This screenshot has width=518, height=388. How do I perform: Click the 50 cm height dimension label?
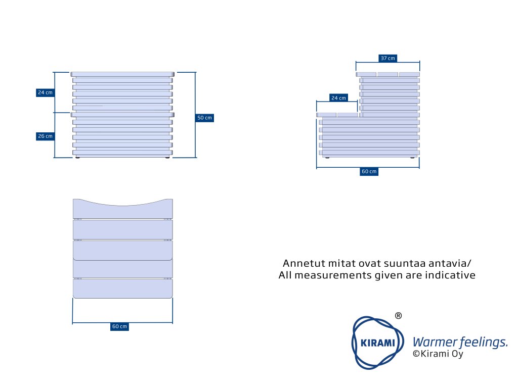(204, 118)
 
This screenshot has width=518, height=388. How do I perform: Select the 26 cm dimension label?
(45, 136)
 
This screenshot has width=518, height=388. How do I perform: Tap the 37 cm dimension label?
(387, 58)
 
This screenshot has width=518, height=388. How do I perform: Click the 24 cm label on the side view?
(338, 98)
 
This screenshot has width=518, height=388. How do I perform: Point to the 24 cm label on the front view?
(45, 92)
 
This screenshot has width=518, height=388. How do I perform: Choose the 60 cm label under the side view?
(369, 171)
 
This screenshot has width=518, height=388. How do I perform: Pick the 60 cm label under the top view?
(119, 326)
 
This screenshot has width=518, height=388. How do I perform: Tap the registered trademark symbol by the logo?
(398, 316)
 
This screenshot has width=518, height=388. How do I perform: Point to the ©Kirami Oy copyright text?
(438, 354)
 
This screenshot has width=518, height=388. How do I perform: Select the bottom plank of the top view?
(123, 288)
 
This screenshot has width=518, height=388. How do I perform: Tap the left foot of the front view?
(77, 158)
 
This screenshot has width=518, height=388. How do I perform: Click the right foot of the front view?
(167, 158)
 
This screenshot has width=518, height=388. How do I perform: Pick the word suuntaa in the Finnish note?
(402, 264)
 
